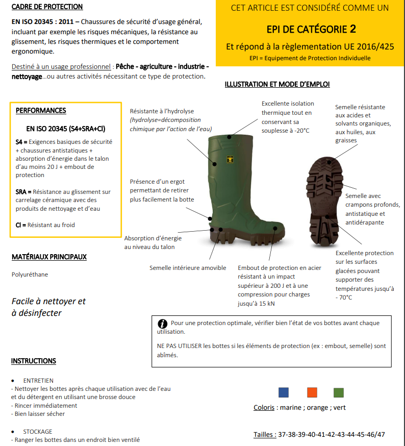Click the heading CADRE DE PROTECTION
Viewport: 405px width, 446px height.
46,7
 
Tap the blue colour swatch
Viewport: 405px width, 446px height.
284,392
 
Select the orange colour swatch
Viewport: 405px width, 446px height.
312,392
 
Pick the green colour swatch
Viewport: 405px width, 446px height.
338,392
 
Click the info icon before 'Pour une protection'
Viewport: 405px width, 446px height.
163,324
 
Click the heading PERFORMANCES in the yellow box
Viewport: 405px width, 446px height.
41,111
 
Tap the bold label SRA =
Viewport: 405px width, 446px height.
23,192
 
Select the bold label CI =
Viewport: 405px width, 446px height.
20,225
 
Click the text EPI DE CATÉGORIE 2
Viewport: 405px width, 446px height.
311,29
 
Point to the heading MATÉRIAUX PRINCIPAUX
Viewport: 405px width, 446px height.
49,258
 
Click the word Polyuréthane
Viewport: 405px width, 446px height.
30,275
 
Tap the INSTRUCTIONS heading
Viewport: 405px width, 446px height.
34,361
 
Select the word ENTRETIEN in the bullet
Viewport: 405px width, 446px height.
38,381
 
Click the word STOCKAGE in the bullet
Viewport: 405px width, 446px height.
38,432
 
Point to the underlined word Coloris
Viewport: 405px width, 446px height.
264,408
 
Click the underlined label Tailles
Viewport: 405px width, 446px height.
265,435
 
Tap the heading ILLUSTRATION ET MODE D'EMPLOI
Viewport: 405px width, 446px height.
277,84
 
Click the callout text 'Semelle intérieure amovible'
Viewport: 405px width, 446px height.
188,268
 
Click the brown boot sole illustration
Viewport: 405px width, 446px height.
327,199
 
